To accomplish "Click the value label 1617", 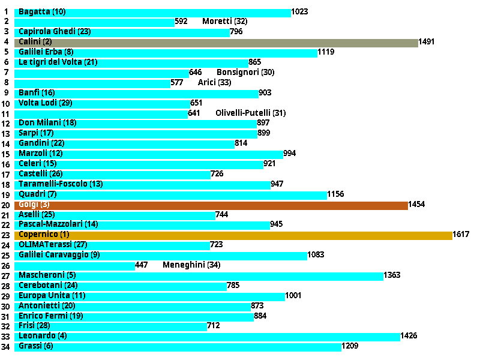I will [461, 235].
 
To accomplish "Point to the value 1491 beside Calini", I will [427, 42].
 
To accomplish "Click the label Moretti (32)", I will [225, 22].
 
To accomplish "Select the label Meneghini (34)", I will [187, 265].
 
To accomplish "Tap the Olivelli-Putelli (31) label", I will [251, 113].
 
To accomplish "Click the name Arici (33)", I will [214, 83].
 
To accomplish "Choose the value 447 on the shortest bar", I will [142, 265].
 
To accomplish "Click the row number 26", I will [6, 266].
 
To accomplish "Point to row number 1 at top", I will [6, 12].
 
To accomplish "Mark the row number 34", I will [6, 347].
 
